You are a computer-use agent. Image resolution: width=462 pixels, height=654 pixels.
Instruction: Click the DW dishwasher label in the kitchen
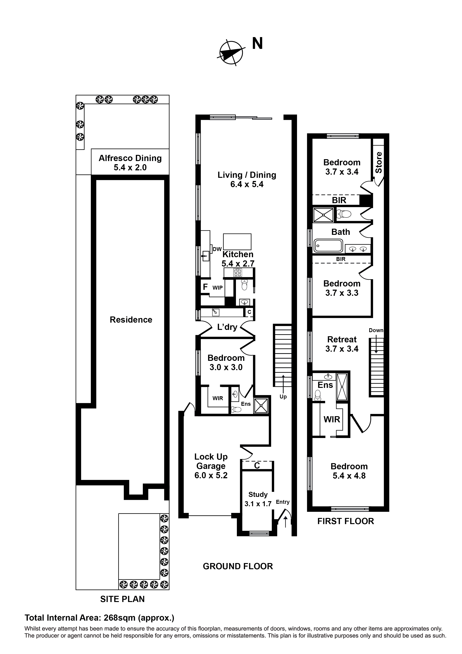pos(217,249)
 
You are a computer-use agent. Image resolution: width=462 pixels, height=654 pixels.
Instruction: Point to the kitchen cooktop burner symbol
pos(237,273)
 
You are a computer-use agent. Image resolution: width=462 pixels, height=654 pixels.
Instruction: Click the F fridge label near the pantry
pos(205,287)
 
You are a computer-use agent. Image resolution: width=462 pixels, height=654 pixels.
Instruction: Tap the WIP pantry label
pos(217,288)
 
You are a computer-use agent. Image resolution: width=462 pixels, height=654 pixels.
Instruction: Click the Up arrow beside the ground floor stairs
pos(283,380)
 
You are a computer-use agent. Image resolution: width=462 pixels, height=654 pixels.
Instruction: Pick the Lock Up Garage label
pos(211,466)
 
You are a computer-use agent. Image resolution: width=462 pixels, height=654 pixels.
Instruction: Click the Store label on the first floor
pos(378,162)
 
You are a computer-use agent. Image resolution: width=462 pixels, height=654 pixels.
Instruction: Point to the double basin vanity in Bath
pos(358,249)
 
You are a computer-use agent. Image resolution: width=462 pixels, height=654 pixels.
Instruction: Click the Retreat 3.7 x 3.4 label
pos(342,344)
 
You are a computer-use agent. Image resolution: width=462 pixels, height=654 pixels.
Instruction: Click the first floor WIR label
pos(332,419)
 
